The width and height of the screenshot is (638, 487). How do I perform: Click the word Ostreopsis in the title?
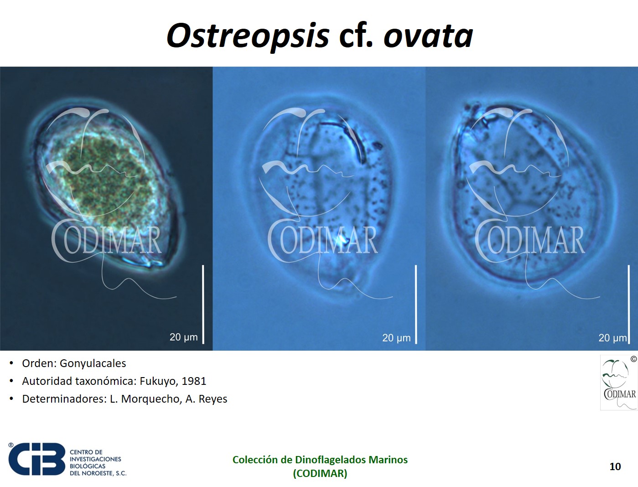pos(248,37)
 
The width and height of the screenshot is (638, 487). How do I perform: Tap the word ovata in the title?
pos(428,37)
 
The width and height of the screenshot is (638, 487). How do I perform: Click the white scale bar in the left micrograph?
pos(203,304)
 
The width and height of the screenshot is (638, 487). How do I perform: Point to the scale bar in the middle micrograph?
pos(416,304)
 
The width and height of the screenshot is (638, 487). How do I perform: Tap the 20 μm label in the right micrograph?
pos(612,337)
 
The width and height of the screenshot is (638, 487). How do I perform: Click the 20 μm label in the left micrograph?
pos(183,337)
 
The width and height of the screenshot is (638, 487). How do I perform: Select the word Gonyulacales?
pos(93,363)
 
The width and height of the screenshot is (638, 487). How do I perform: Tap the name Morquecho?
pos(151,399)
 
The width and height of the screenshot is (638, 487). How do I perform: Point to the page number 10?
pos(615,466)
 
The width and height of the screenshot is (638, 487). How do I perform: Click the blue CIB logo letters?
pos(37,459)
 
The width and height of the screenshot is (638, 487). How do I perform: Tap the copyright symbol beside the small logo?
pos(633,359)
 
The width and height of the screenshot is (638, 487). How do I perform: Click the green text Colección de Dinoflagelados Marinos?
pos(320,460)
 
